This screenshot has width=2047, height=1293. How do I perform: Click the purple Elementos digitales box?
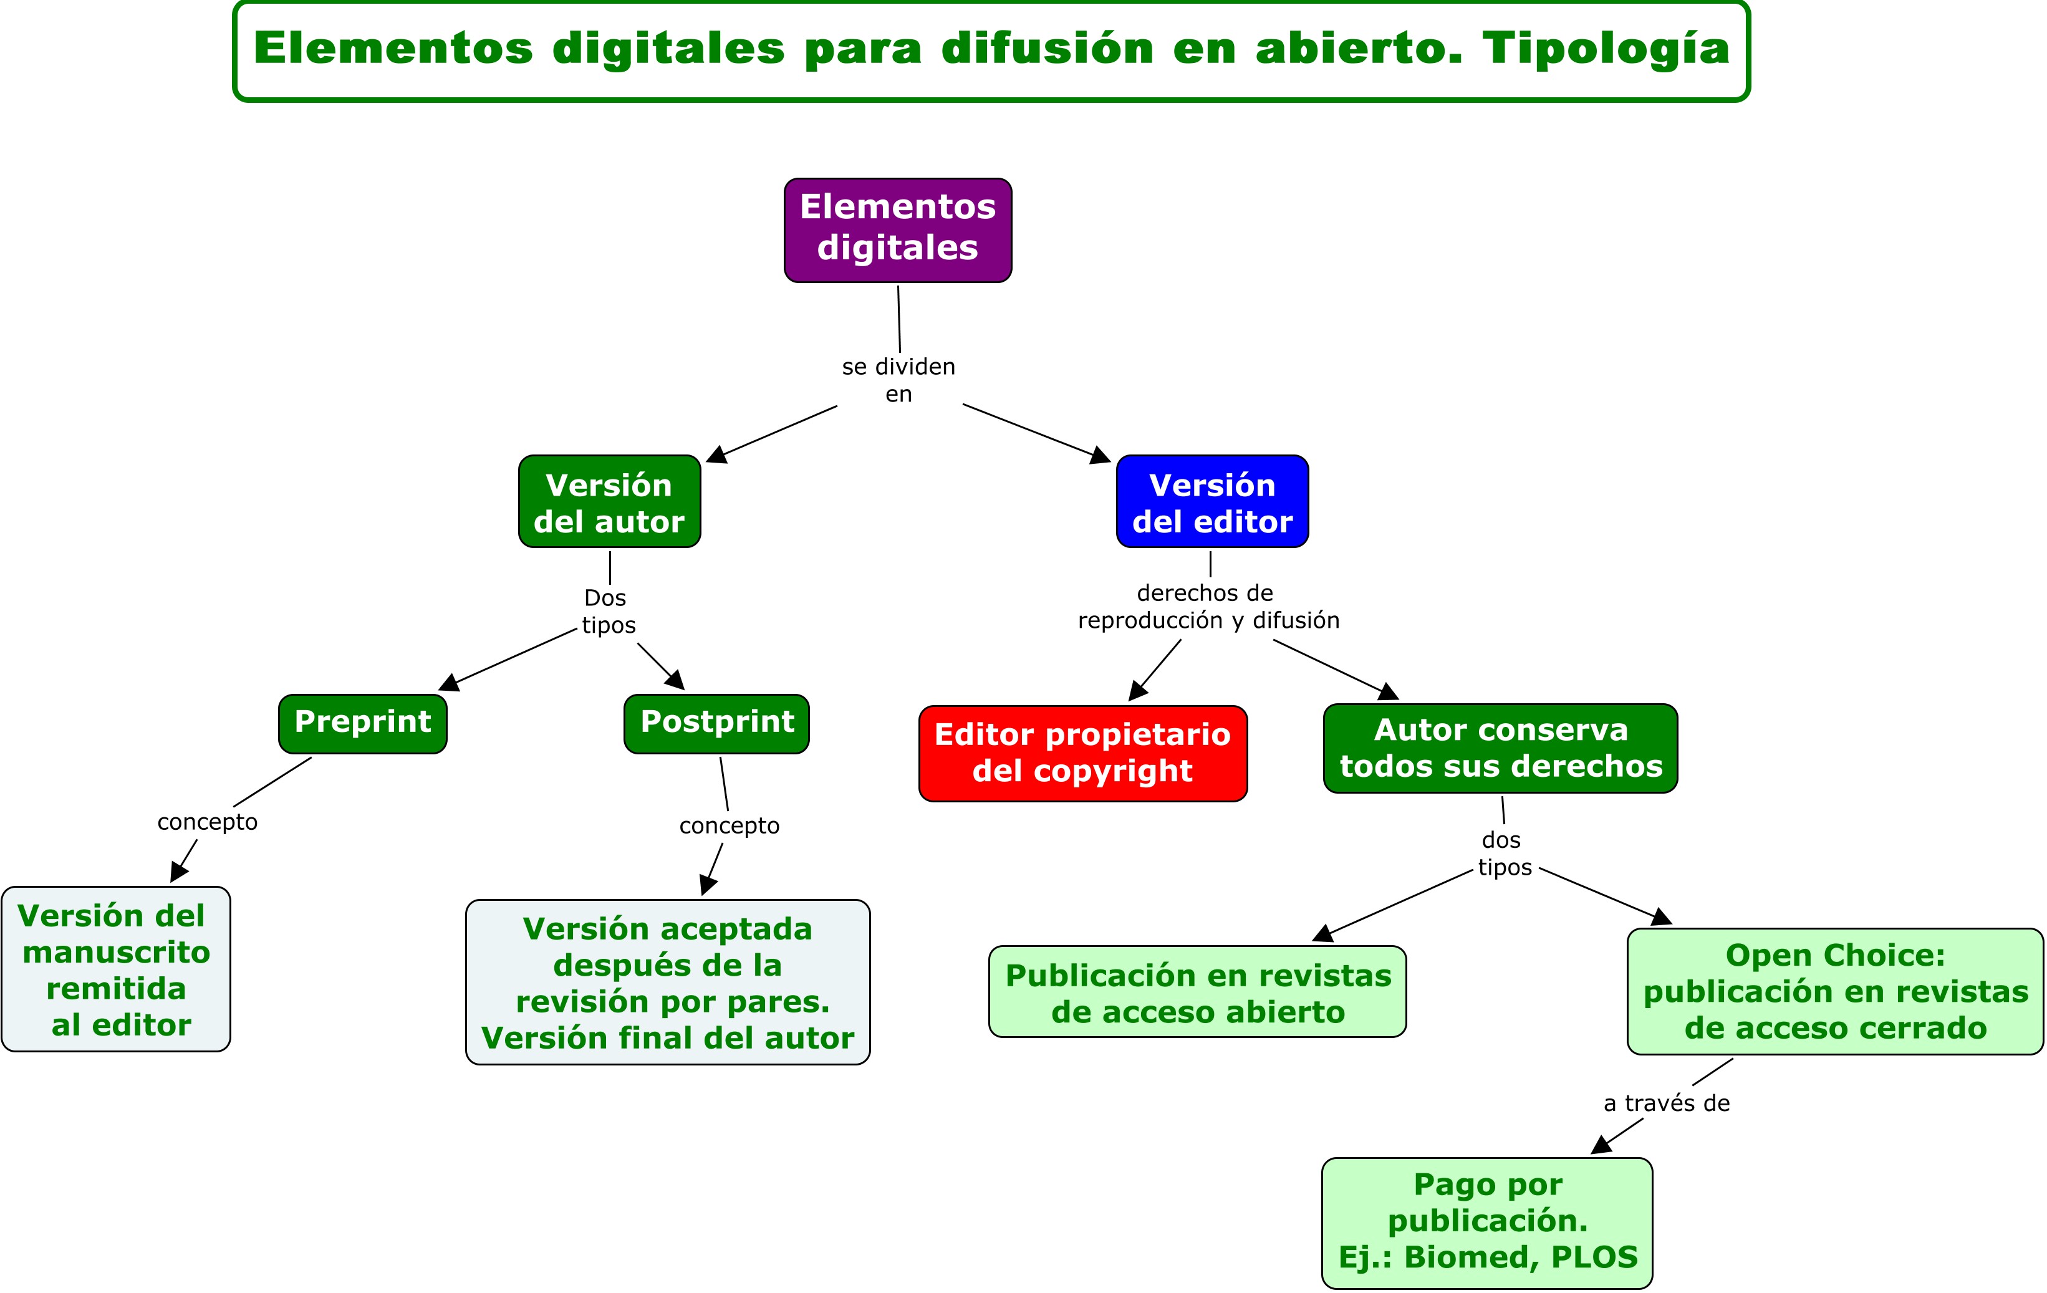click(898, 231)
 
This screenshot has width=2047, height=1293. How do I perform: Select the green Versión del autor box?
click(610, 502)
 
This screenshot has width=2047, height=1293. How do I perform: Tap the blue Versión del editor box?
click(1212, 502)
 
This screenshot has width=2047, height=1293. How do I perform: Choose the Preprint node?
click(363, 723)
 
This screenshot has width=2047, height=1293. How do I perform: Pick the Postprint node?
click(716, 723)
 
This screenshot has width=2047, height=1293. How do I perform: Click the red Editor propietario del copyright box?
click(1083, 753)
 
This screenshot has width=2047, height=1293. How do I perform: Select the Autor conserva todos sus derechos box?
click(1500, 748)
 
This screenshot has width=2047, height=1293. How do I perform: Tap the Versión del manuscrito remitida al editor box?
click(115, 969)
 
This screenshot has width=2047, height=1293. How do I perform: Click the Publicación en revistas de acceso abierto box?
click(1198, 991)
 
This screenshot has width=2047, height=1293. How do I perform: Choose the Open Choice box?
click(1836, 991)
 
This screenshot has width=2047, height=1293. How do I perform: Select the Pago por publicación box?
click(1488, 1223)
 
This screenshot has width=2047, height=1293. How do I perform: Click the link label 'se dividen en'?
click(898, 380)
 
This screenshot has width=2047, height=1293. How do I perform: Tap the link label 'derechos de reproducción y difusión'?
click(1208, 606)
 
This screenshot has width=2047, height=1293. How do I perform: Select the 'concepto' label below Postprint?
click(730, 825)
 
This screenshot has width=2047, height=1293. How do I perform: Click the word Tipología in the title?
click(1606, 49)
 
